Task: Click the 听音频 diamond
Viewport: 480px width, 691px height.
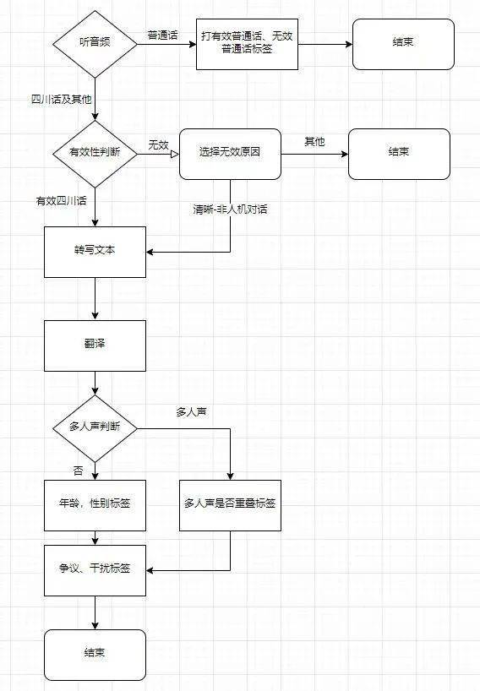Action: pyautogui.click(x=95, y=44)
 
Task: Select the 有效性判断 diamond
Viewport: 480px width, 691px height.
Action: pyautogui.click(x=95, y=154)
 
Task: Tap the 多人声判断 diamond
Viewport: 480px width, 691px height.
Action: pyautogui.click(x=95, y=428)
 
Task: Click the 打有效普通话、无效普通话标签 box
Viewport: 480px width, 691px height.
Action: pyautogui.click(x=247, y=44)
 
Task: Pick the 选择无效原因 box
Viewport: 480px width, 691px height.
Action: pyautogui.click(x=230, y=155)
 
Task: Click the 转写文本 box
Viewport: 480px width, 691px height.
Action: pyautogui.click(x=95, y=252)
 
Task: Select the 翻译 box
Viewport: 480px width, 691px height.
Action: pyautogui.click(x=95, y=345)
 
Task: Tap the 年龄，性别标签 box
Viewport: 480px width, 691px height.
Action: pyautogui.click(x=95, y=505)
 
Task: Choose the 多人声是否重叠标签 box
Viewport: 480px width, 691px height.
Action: pyautogui.click(x=230, y=505)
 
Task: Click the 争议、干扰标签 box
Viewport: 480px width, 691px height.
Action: pyautogui.click(x=95, y=570)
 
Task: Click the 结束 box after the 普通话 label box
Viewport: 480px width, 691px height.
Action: pyautogui.click(x=403, y=44)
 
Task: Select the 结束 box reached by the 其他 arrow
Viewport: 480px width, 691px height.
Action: pyautogui.click(x=400, y=155)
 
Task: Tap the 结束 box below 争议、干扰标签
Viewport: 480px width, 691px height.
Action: pyautogui.click(x=95, y=655)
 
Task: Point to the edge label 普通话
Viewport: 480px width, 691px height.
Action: pyautogui.click(x=162, y=35)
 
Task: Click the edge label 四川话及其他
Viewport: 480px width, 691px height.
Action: pyautogui.click(x=61, y=100)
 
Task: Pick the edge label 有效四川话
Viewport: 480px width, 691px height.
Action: pyautogui.click(x=61, y=201)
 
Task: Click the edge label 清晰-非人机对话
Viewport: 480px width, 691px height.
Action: pyautogui.click(x=230, y=209)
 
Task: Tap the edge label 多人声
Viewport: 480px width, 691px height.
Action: pyautogui.click(x=191, y=412)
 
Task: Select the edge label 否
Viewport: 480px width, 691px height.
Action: pyautogui.click(x=78, y=471)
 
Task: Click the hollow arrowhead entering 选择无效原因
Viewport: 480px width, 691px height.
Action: pyautogui.click(x=175, y=155)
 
